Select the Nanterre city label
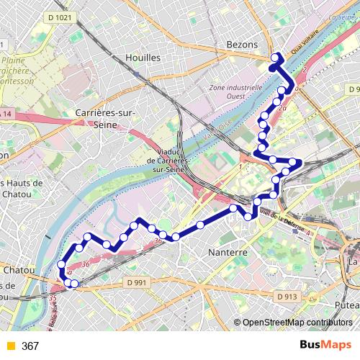click(227, 253)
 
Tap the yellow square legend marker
click(9, 346)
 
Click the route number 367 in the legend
click(30, 346)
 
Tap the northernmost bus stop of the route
click(274, 58)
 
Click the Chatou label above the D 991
click(20, 269)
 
